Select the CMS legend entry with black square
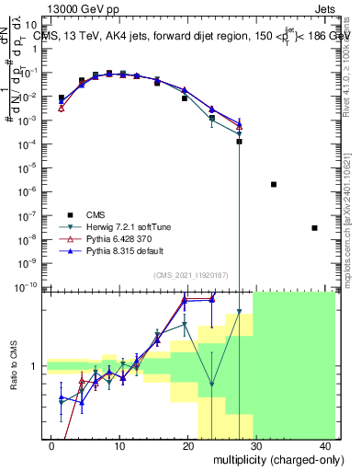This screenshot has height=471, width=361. pyautogui.click(x=100, y=212)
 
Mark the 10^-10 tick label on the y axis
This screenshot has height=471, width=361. pyautogui.click(x=29, y=286)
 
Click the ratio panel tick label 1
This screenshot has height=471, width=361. pyautogui.click(x=34, y=366)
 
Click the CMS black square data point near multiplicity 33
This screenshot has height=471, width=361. pyautogui.click(x=274, y=184)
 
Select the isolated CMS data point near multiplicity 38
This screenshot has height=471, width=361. pyautogui.click(x=314, y=228)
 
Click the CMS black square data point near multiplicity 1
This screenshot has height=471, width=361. pyautogui.click(x=62, y=98)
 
